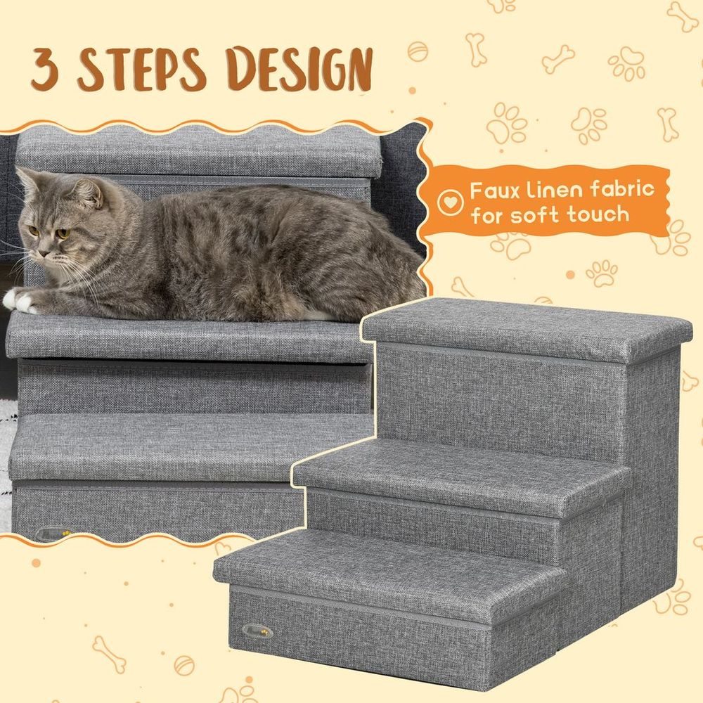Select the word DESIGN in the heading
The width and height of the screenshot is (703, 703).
tap(302, 69)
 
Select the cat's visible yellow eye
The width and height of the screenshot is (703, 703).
tap(62, 233)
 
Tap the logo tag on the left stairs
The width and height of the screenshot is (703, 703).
tap(51, 534)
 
